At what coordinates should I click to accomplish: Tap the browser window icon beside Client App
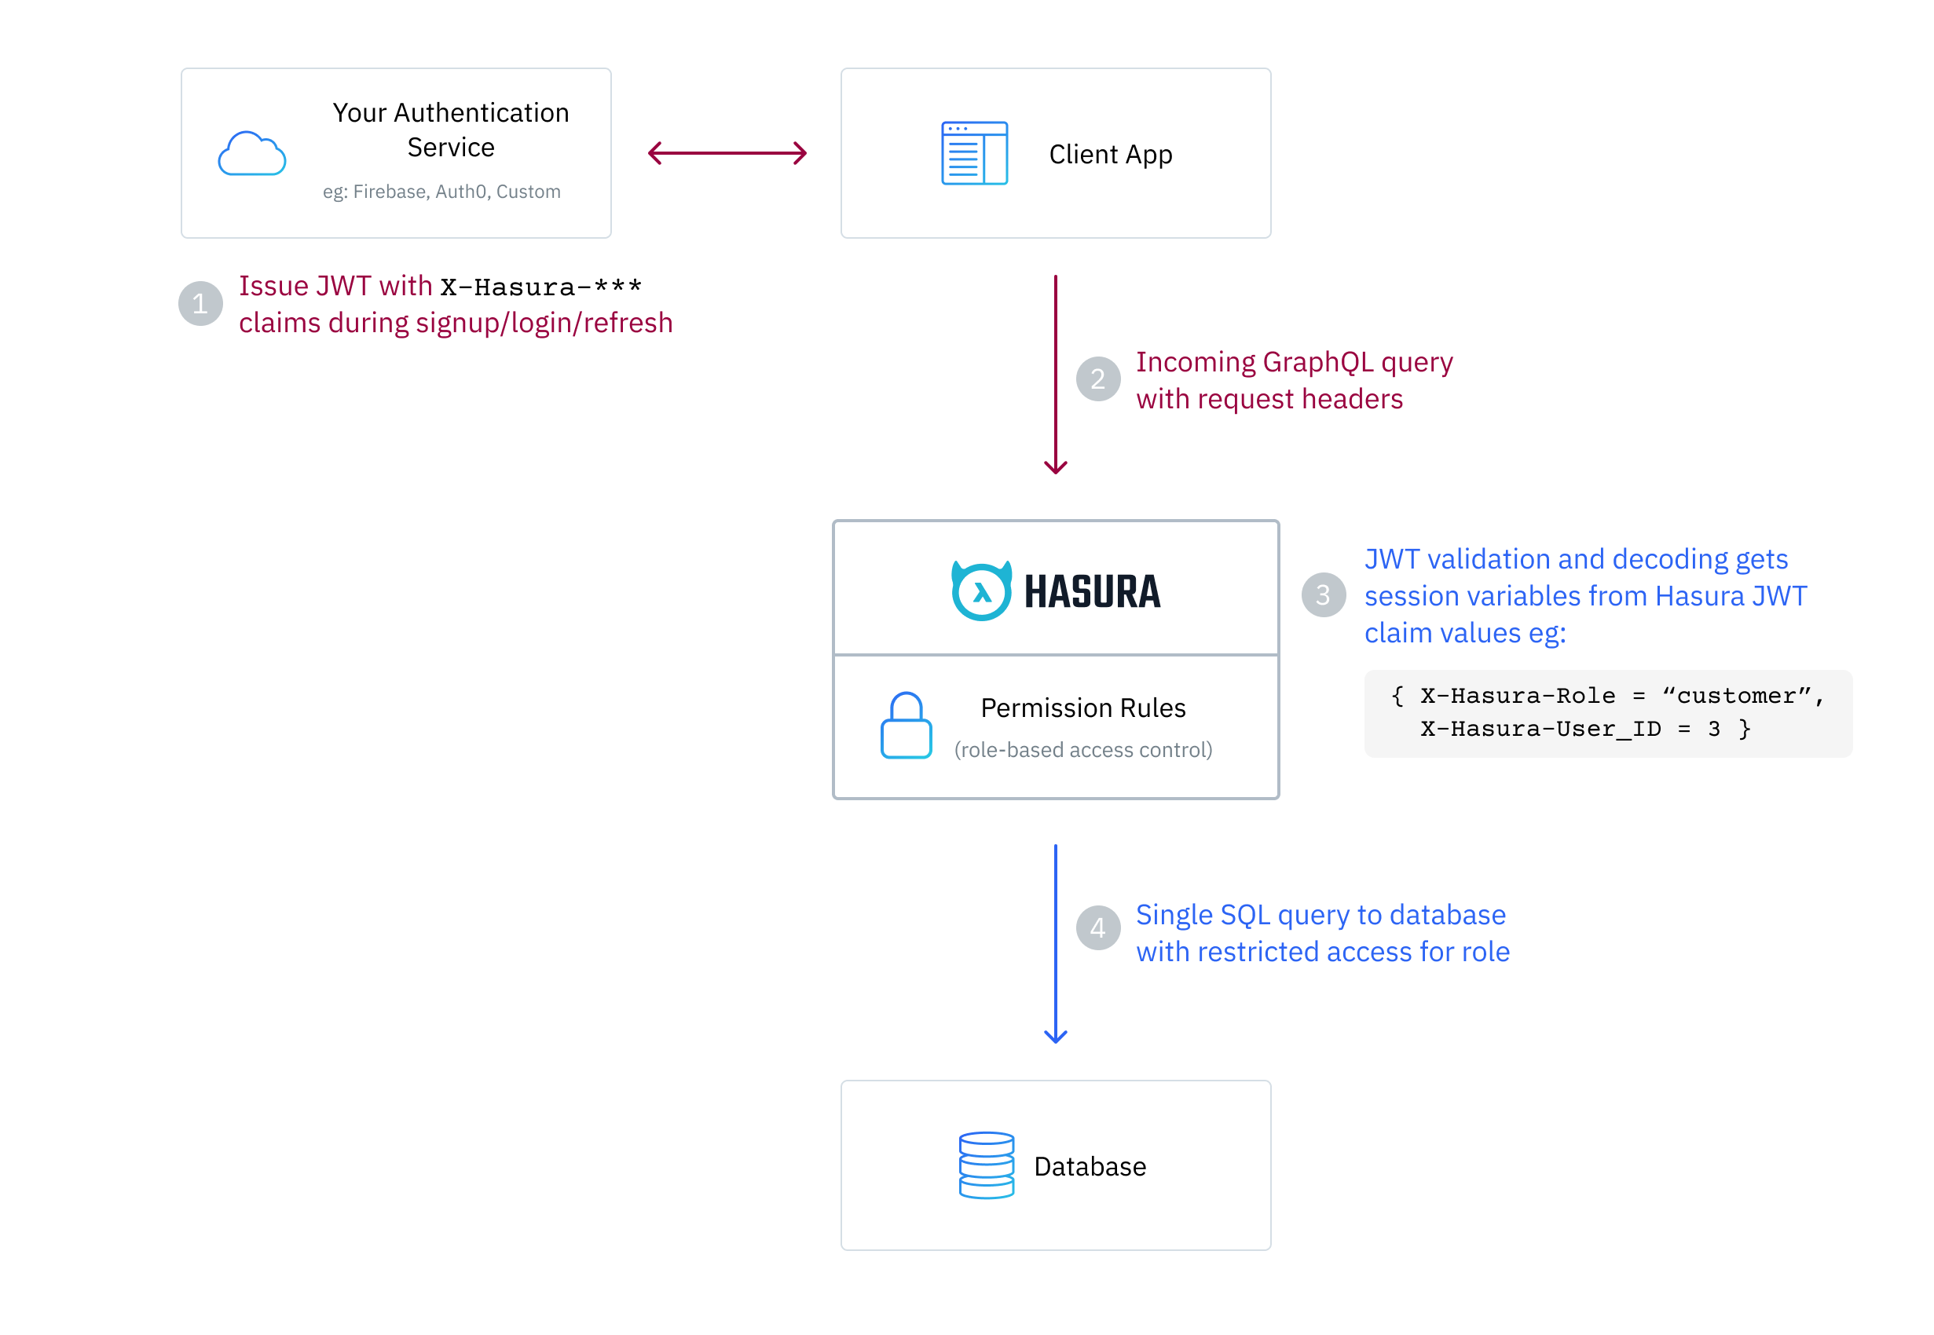[974, 153]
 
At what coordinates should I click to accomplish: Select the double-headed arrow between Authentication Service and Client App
[726, 153]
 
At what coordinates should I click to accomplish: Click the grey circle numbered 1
[200, 303]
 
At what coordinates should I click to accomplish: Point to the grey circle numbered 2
[1097, 379]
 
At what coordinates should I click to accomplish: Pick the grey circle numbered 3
[1323, 594]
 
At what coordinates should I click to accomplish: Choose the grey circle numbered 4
[1097, 927]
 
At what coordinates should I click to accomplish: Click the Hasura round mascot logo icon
[980, 591]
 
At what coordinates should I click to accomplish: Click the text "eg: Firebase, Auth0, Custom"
[441, 192]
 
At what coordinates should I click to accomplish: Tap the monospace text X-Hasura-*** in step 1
[540, 287]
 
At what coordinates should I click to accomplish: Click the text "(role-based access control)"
[1082, 749]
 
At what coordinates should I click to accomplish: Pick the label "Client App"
[1110, 155]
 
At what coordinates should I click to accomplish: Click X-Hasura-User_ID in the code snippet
[1540, 729]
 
